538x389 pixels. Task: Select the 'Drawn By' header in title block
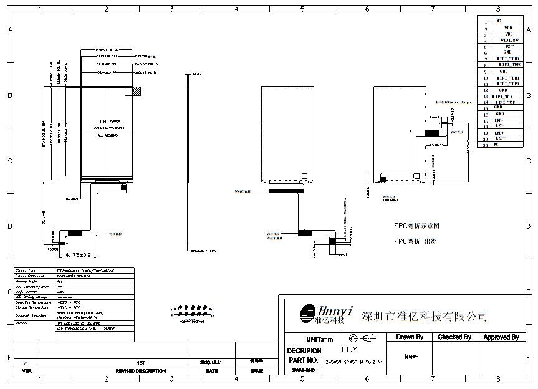pyautogui.click(x=410, y=337)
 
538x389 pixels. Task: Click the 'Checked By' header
pyautogui.click(x=454, y=337)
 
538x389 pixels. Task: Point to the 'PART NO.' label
pyautogui.click(x=304, y=360)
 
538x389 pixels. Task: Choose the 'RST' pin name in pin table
pyautogui.click(x=509, y=46)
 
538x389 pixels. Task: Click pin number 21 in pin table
pyautogui.click(x=485, y=145)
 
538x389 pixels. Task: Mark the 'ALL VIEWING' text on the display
pyautogui.click(x=108, y=134)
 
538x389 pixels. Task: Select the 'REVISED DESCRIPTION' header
pyautogui.click(x=141, y=371)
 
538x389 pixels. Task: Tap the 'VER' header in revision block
pyautogui.click(x=26, y=371)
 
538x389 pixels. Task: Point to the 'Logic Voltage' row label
pyautogui.click(x=26, y=291)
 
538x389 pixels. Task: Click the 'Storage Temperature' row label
pyautogui.click(x=31, y=307)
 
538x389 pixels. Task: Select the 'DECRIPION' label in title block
pyautogui.click(x=304, y=350)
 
